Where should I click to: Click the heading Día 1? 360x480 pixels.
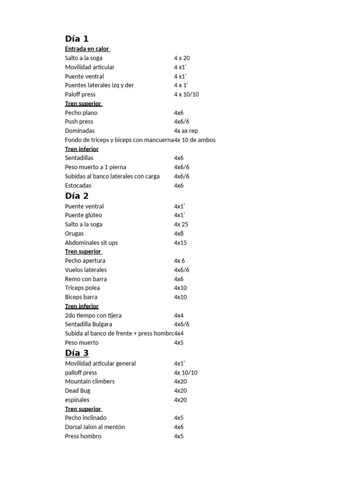click(76, 39)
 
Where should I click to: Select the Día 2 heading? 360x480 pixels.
click(76, 196)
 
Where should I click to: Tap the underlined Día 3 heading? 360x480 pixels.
click(77, 353)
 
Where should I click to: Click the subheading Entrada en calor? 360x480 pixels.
click(87, 49)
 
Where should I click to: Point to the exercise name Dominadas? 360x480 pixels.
click(80, 131)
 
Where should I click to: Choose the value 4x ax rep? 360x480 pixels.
click(186, 131)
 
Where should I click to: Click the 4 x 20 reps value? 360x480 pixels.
click(181, 58)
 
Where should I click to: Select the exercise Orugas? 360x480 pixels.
click(74, 233)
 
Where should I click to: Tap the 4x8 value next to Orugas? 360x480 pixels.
click(179, 233)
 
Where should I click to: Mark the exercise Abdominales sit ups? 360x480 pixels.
click(91, 243)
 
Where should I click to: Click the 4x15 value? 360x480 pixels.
click(180, 243)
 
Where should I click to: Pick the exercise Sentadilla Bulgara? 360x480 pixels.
click(89, 324)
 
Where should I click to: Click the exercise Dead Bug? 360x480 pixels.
click(78, 390)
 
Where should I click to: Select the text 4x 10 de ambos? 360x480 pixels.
click(195, 140)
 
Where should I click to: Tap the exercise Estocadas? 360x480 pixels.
click(78, 186)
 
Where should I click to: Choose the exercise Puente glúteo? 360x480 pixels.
click(83, 215)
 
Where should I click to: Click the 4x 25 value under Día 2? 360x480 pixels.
click(181, 225)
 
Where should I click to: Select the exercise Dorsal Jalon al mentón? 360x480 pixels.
click(95, 427)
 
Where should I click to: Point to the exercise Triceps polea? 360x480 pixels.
click(82, 288)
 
